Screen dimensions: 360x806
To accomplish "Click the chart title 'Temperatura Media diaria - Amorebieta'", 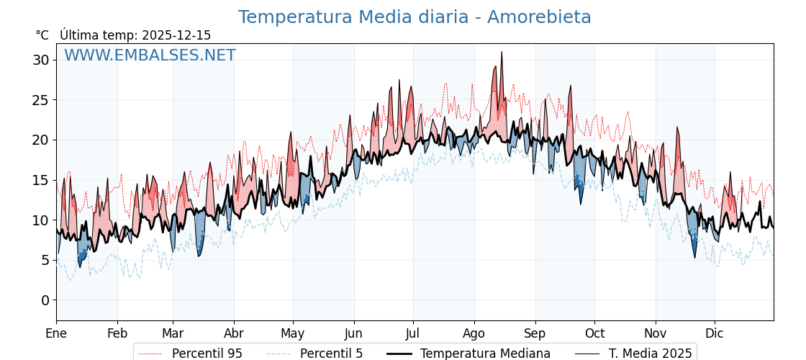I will tap(415, 17).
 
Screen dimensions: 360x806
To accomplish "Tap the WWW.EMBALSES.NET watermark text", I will tap(150, 55).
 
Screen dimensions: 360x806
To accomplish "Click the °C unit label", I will tap(42, 35).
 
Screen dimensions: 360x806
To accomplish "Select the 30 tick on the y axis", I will tap(40, 60).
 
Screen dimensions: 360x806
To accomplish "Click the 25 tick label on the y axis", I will tap(40, 100).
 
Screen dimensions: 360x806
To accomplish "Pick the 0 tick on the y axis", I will tap(45, 300).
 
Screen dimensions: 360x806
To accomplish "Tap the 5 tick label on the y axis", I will tap(45, 260).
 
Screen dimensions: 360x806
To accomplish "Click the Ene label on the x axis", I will tap(56, 333).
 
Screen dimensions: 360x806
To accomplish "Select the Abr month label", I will tap(234, 333).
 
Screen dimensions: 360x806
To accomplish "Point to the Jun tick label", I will tap(354, 333).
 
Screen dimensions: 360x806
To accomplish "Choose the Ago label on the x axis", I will tap(474, 333).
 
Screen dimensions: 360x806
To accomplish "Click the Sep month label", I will tap(535, 333).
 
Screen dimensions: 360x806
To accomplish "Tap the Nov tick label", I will tap(656, 333).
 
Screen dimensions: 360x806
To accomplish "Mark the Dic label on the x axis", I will tap(715, 333).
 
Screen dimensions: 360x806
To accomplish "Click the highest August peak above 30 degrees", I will tap(502, 53).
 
